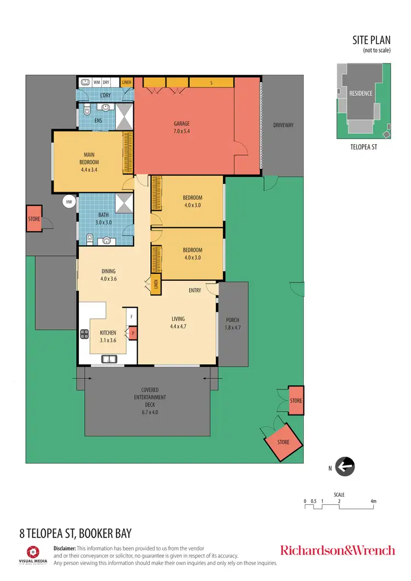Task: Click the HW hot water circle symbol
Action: pyautogui.click(x=69, y=202)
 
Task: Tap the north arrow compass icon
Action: pyautogui.click(x=345, y=467)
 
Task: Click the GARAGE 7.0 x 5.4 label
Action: pyautogui.click(x=181, y=128)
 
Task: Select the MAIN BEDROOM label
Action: pyautogui.click(x=89, y=158)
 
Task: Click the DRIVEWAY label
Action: pyautogui.click(x=283, y=125)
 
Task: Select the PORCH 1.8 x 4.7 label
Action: pyautogui.click(x=232, y=324)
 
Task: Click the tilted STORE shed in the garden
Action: pyautogui.click(x=283, y=441)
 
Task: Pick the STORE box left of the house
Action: pyautogui.click(x=34, y=219)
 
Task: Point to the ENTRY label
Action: pyautogui.click(x=195, y=290)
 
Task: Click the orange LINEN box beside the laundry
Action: pyautogui.click(x=127, y=82)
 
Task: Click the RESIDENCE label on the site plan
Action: pyautogui.click(x=361, y=94)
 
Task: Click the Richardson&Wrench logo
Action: pyautogui.click(x=337, y=550)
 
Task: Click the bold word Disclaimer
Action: pyautogui.click(x=64, y=548)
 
